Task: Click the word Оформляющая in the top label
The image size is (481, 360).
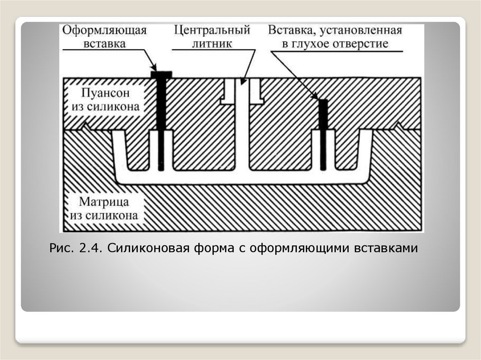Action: click(104, 31)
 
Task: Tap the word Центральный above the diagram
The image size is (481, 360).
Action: click(211, 31)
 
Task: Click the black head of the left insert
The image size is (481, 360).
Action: click(161, 74)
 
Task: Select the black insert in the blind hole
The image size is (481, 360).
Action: click(323, 134)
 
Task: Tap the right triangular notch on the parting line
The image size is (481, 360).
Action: click(399, 125)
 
